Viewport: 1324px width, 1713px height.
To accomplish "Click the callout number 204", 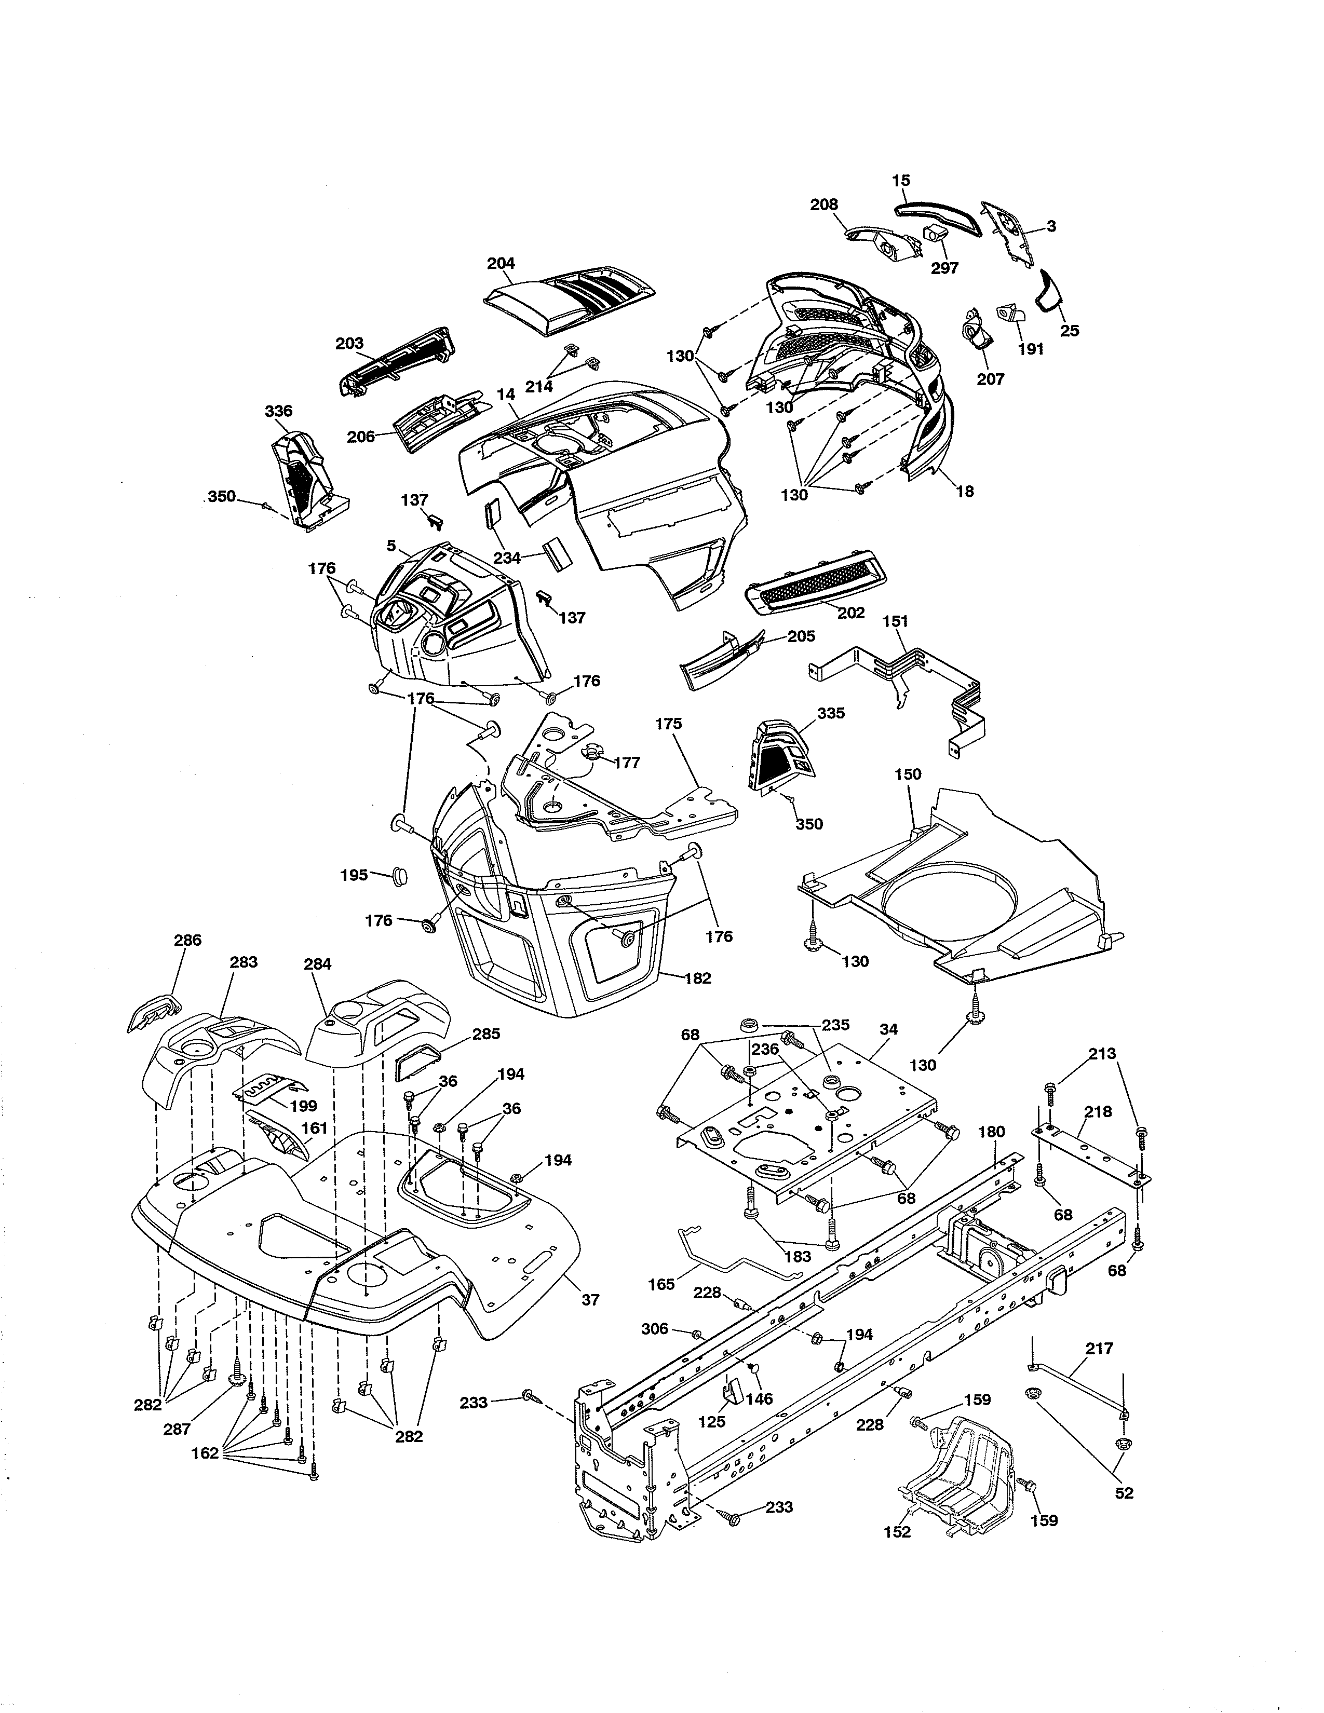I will click(x=501, y=264).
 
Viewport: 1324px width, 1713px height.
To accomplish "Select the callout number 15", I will click(x=900, y=181).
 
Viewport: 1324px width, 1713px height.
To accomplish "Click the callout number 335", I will click(x=831, y=713).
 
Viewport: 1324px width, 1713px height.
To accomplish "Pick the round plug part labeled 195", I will click(x=399, y=875).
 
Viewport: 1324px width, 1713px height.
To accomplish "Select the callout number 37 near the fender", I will click(x=590, y=1300).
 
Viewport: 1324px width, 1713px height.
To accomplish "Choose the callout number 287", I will click(x=177, y=1429).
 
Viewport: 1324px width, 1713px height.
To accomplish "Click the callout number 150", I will click(x=908, y=774).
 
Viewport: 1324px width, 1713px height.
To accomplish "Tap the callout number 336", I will click(x=278, y=411).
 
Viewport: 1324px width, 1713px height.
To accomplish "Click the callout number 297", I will click(x=944, y=268).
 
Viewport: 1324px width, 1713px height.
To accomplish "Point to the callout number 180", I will click(x=991, y=1132).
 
